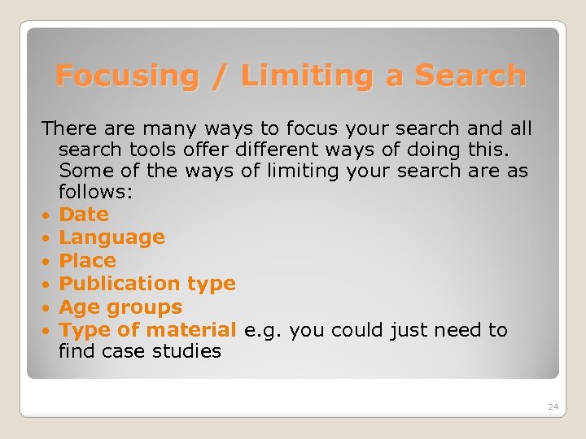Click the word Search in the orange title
pos(470,76)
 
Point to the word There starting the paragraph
pos(70,128)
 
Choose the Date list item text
pos(84,215)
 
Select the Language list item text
pos(112,237)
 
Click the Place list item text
pos(88,261)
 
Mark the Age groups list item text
pos(120,307)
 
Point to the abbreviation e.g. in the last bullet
pos(262,331)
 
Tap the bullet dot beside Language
pos(48,238)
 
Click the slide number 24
pos(553,406)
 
